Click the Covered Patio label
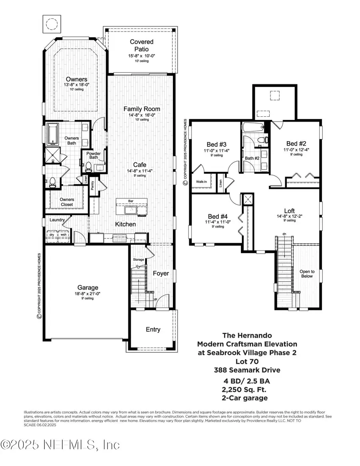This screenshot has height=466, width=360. (142, 45)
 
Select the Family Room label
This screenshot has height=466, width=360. (142, 109)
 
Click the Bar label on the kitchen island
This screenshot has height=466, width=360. (130, 201)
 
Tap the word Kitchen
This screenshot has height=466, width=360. (126, 224)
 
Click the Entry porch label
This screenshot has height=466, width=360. (153, 330)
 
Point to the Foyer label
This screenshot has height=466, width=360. (161, 273)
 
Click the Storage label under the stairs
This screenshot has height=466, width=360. (138, 260)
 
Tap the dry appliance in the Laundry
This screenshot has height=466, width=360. (51, 235)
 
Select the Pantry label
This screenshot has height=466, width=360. (93, 186)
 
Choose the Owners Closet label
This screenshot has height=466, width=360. (67, 202)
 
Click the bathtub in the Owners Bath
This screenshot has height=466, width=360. (52, 135)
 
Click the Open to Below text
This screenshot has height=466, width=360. (307, 274)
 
